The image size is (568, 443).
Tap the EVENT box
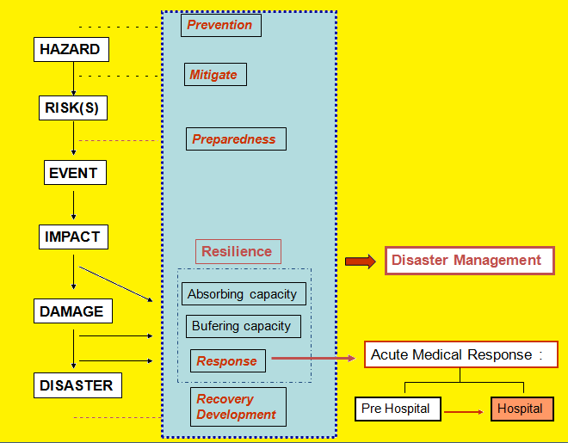click(x=73, y=173)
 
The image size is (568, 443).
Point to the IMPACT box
click(x=74, y=237)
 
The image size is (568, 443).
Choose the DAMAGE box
click(x=71, y=311)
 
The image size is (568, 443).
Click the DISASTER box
click(x=77, y=385)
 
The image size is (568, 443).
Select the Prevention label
click(x=220, y=25)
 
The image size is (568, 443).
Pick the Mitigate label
click(x=213, y=74)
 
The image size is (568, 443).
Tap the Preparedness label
click(x=235, y=138)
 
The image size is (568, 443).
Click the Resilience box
click(x=238, y=252)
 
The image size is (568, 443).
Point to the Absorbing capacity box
click(x=243, y=294)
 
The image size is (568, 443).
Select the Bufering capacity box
click(x=242, y=326)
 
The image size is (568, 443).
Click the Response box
click(x=227, y=361)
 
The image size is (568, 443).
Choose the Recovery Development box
click(x=237, y=407)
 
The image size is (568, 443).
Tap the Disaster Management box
click(x=469, y=260)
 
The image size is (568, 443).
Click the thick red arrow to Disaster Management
click(x=361, y=261)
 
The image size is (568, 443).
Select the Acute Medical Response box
click(x=460, y=354)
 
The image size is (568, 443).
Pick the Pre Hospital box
click(x=397, y=409)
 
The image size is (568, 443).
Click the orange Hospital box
click(x=522, y=409)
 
